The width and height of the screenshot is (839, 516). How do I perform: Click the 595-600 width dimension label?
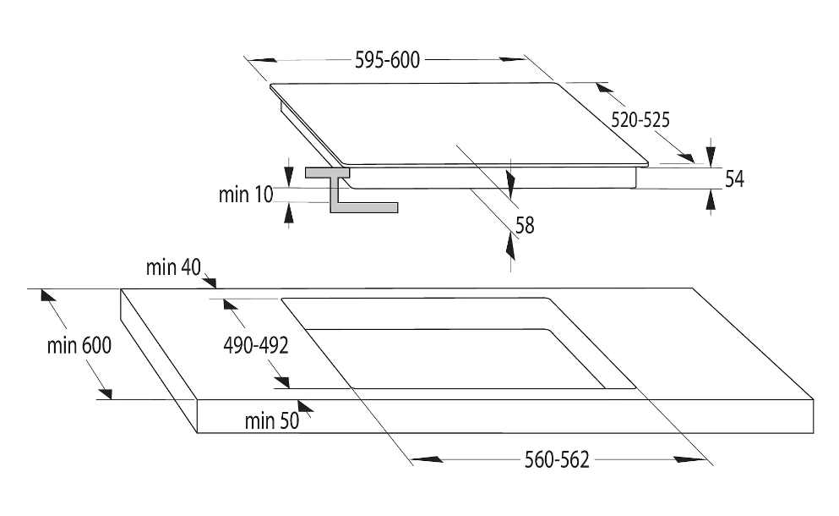(388, 60)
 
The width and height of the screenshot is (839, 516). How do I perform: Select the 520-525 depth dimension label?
(640, 119)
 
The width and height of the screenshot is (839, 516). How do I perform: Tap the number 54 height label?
(734, 178)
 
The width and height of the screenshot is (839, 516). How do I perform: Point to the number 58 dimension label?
(525, 226)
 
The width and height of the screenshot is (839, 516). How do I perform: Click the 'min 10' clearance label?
(246, 195)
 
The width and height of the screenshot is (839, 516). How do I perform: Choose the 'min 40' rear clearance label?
(173, 266)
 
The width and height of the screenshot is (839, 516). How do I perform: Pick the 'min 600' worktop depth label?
(79, 346)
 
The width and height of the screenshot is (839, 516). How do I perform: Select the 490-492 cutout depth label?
(256, 346)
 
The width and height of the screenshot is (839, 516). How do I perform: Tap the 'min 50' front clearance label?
(272, 421)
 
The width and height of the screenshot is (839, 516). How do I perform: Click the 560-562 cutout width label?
(557, 459)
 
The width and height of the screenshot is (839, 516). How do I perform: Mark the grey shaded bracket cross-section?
(351, 189)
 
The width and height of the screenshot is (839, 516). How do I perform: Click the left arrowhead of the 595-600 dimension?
(262, 60)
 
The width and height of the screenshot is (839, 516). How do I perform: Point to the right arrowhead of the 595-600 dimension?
(514, 59)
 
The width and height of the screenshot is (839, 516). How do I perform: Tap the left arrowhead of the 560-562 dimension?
(427, 459)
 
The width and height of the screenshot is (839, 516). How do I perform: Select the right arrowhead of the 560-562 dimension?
(690, 459)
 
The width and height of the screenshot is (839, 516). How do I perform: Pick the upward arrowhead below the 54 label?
(711, 201)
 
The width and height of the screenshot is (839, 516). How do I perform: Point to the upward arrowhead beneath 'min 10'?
(289, 213)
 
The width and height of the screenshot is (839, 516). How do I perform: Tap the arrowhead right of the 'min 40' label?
(208, 282)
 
